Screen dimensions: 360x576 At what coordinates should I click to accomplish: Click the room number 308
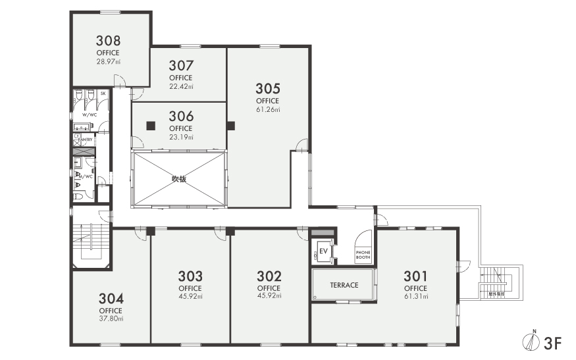[108, 39]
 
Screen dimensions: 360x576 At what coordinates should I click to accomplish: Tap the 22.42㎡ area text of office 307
[181, 86]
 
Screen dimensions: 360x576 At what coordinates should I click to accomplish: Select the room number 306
[181, 116]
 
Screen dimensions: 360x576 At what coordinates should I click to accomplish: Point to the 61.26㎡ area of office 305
[268, 109]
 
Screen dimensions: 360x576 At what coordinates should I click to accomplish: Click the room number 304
[111, 297]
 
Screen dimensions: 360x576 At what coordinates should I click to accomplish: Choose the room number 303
[190, 276]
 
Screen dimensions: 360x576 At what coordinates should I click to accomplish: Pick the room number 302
[269, 276]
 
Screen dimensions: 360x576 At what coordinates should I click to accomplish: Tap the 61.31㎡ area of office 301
[415, 297]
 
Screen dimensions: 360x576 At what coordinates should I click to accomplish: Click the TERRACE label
[344, 285]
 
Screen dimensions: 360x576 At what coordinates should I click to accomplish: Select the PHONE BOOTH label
[363, 255]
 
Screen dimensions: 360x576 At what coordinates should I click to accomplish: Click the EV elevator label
[323, 250]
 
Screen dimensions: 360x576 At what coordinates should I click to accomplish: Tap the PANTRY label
[85, 140]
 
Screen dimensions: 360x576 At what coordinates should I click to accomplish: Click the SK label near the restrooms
[103, 93]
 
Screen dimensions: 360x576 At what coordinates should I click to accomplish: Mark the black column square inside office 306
[151, 125]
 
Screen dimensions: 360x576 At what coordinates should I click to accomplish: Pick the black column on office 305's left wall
[230, 125]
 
